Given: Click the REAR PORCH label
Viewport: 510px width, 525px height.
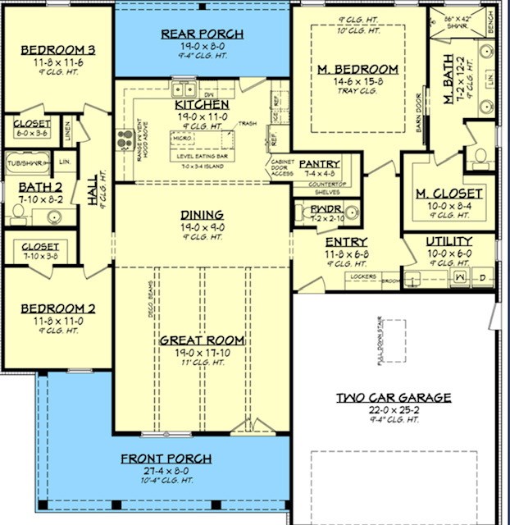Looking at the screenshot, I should pyautogui.click(x=202, y=34).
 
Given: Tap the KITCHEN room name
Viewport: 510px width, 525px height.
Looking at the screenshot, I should pyautogui.click(x=202, y=105).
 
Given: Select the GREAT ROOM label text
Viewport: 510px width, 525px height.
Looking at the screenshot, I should pyautogui.click(x=202, y=340).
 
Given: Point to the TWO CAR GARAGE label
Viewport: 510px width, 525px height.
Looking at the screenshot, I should pyautogui.click(x=394, y=398).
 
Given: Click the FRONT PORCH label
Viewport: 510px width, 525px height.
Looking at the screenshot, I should pyautogui.click(x=166, y=459).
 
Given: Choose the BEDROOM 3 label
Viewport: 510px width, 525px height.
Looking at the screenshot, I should pyautogui.click(x=57, y=50).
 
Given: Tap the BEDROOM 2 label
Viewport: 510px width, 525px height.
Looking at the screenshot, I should pyautogui.click(x=57, y=308).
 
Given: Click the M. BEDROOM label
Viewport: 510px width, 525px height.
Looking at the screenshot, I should pyautogui.click(x=357, y=69).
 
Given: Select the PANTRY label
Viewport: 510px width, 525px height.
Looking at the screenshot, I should pyautogui.click(x=320, y=163).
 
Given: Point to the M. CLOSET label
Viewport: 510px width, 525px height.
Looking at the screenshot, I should pyautogui.click(x=449, y=193).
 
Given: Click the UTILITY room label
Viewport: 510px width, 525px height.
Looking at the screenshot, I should pyautogui.click(x=449, y=241).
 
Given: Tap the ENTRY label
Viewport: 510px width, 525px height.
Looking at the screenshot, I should pyautogui.click(x=346, y=242).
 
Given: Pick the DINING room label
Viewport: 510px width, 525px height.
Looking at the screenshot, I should pyautogui.click(x=202, y=215).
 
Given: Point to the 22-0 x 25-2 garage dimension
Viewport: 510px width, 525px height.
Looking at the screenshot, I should pyautogui.click(x=394, y=409).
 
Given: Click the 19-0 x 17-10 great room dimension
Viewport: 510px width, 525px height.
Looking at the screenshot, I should pyautogui.click(x=202, y=352).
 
